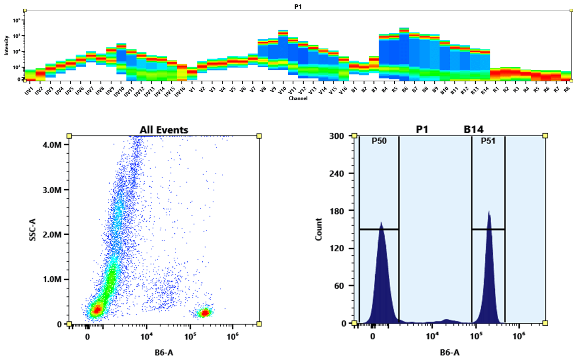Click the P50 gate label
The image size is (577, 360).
[379, 141]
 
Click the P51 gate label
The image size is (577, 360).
[488, 141]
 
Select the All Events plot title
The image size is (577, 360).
[164, 130]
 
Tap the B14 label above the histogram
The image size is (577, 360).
[473, 130]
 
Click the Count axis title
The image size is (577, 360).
[318, 229]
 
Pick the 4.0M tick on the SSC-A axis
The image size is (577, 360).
[53, 145]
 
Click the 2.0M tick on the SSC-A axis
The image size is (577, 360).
[53, 235]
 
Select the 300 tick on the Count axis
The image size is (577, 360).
[337, 136]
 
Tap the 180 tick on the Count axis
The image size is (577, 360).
[337, 211]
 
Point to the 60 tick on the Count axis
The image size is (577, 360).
[339, 286]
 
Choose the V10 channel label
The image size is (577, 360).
[282, 90]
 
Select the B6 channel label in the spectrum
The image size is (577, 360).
[405, 90]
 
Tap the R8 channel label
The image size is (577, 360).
[567, 90]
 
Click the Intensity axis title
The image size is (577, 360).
[6, 45]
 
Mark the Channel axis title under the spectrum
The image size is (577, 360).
[298, 98]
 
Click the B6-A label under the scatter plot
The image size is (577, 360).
[164, 352]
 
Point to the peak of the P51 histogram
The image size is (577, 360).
[489, 212]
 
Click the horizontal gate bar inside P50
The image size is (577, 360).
[379, 229]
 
